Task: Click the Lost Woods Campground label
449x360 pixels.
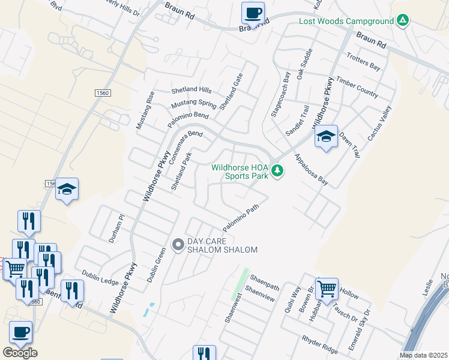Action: tap(346, 22)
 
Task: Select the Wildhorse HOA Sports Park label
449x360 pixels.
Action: tap(239, 172)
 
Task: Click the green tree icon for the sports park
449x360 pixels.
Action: tap(277, 172)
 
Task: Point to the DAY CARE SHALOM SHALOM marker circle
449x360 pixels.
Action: tap(178, 245)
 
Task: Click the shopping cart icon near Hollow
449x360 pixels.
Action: tap(327, 289)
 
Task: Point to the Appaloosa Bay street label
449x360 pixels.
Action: tap(312, 169)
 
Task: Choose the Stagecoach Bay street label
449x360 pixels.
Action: tap(280, 95)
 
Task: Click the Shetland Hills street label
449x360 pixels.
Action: tap(191, 90)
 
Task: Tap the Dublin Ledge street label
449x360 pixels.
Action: tap(101, 277)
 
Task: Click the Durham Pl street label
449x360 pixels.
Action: tap(116, 229)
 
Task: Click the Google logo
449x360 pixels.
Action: tap(20, 353)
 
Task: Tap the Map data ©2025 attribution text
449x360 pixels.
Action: tap(423, 355)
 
